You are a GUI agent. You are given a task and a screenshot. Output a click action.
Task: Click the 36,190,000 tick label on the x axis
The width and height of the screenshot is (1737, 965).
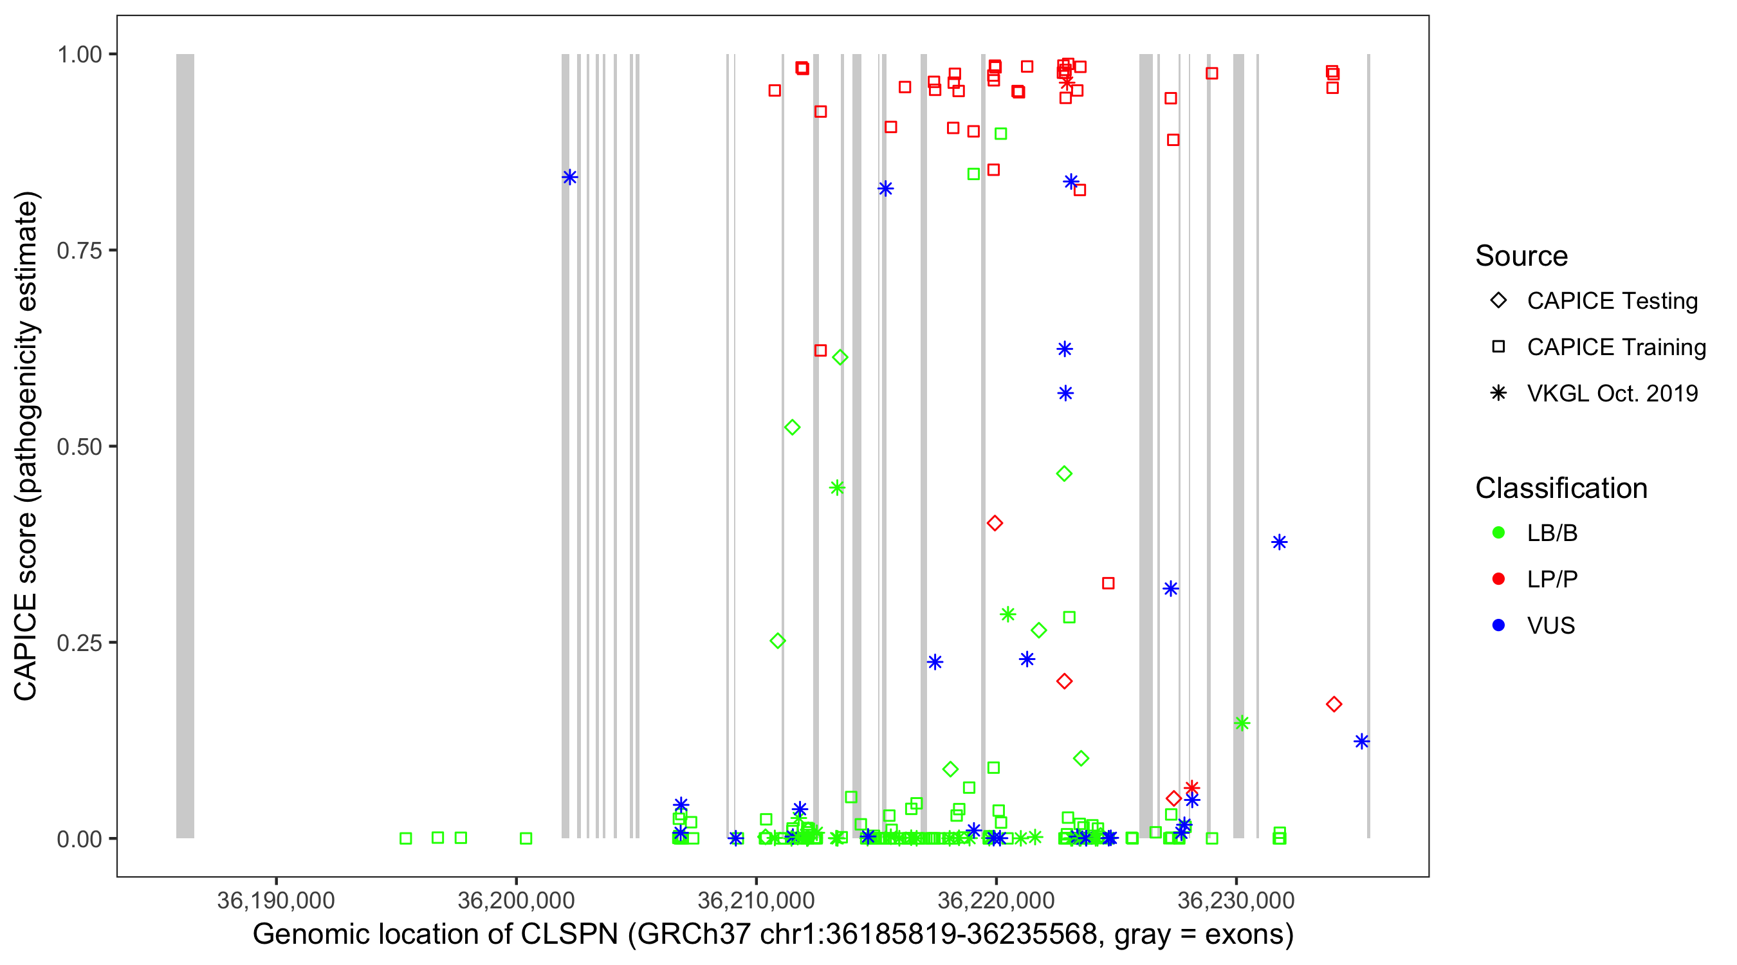(x=275, y=900)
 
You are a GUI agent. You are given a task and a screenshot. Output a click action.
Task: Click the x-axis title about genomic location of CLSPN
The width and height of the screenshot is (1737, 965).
(x=773, y=935)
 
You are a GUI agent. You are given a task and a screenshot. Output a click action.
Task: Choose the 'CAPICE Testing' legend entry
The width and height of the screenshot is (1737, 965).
(x=1612, y=301)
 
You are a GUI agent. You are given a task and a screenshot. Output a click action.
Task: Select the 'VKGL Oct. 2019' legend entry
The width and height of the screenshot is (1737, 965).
(x=1612, y=393)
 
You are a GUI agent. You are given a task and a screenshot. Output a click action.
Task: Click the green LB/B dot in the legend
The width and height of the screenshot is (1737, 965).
(x=1498, y=533)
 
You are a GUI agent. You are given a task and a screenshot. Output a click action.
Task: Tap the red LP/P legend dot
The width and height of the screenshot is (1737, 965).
(x=1498, y=579)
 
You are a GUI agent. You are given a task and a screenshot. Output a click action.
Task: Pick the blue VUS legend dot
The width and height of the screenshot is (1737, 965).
(x=1498, y=625)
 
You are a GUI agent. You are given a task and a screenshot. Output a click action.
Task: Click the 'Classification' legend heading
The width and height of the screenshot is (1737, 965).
(x=1560, y=488)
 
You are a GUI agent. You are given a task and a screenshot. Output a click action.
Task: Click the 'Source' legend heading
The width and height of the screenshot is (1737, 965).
(x=1521, y=256)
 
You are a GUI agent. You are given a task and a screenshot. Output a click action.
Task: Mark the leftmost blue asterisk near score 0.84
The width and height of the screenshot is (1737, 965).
(x=570, y=178)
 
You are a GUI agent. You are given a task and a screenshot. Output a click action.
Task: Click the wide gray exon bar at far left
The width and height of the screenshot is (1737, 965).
(x=185, y=446)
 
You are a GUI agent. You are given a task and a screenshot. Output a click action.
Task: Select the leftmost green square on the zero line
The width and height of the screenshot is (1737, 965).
(x=405, y=838)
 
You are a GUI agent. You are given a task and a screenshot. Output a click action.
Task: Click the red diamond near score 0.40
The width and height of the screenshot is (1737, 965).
(x=995, y=522)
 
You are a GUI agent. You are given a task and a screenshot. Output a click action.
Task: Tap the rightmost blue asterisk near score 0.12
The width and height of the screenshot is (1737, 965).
(x=1361, y=742)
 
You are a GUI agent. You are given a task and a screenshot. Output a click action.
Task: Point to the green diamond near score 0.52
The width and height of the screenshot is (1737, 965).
(x=793, y=428)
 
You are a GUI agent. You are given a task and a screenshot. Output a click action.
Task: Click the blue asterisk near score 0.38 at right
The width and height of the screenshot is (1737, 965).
(x=1279, y=542)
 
